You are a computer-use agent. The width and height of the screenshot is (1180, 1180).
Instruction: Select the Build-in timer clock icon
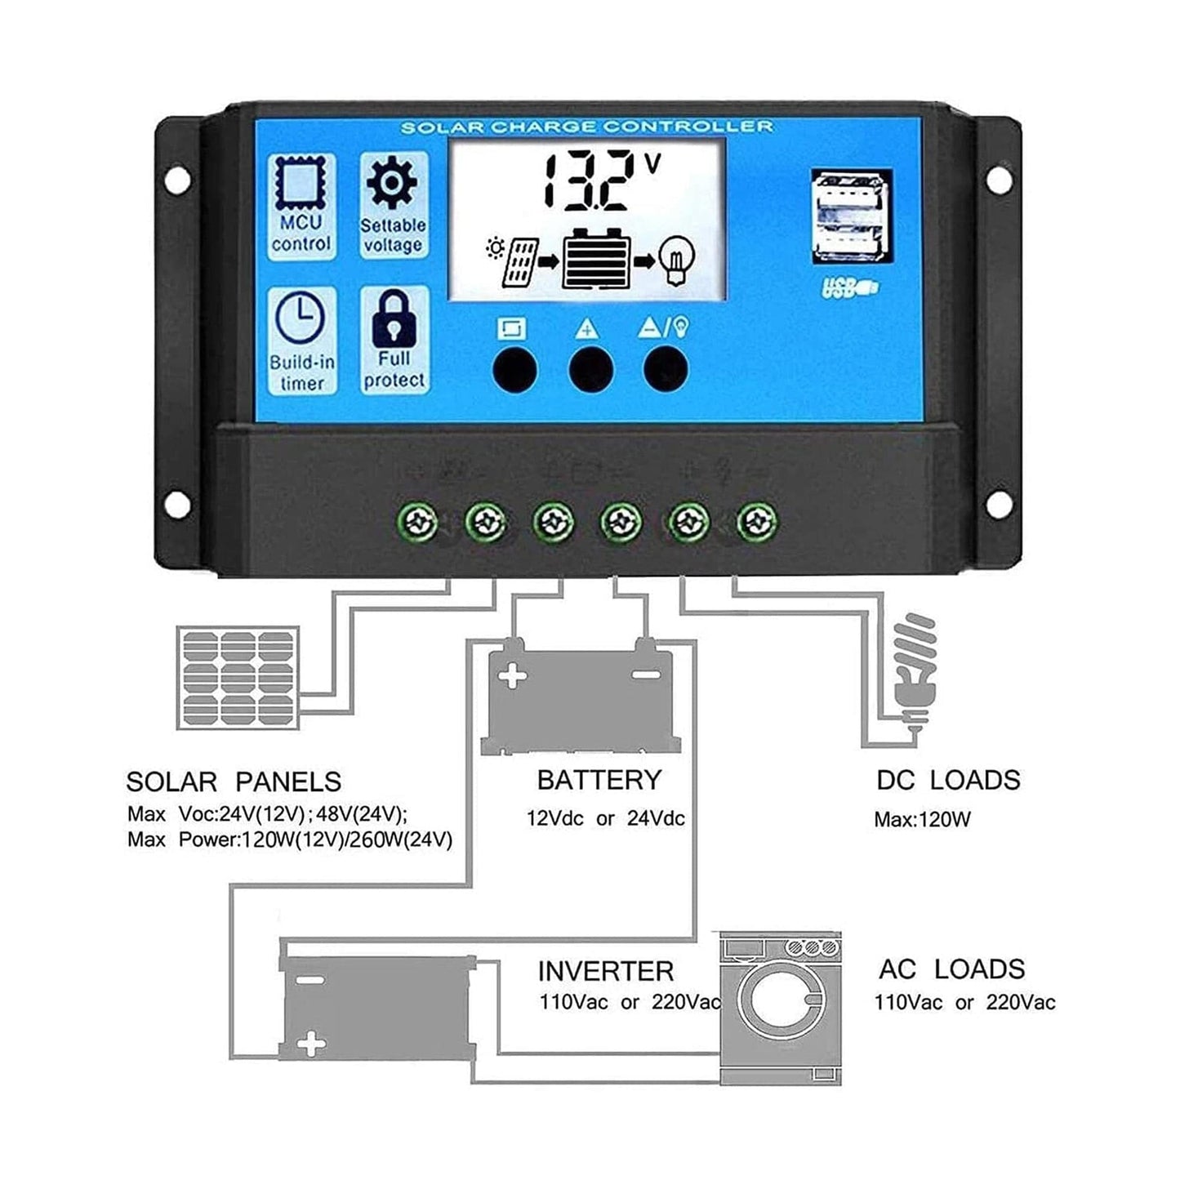coord(301,318)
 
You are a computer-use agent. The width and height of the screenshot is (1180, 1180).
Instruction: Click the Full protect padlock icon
coord(394,319)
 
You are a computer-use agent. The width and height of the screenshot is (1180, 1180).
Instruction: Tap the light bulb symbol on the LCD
coord(677,259)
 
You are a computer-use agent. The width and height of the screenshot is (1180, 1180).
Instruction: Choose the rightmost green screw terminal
coord(756,521)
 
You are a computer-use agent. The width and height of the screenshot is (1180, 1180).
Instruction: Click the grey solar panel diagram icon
coord(238,677)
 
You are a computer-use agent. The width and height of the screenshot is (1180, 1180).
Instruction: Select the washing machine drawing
coord(780,1008)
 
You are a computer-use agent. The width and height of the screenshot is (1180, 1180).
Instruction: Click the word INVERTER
coord(605,971)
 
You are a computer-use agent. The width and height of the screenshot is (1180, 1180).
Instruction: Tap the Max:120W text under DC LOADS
coord(922,819)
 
